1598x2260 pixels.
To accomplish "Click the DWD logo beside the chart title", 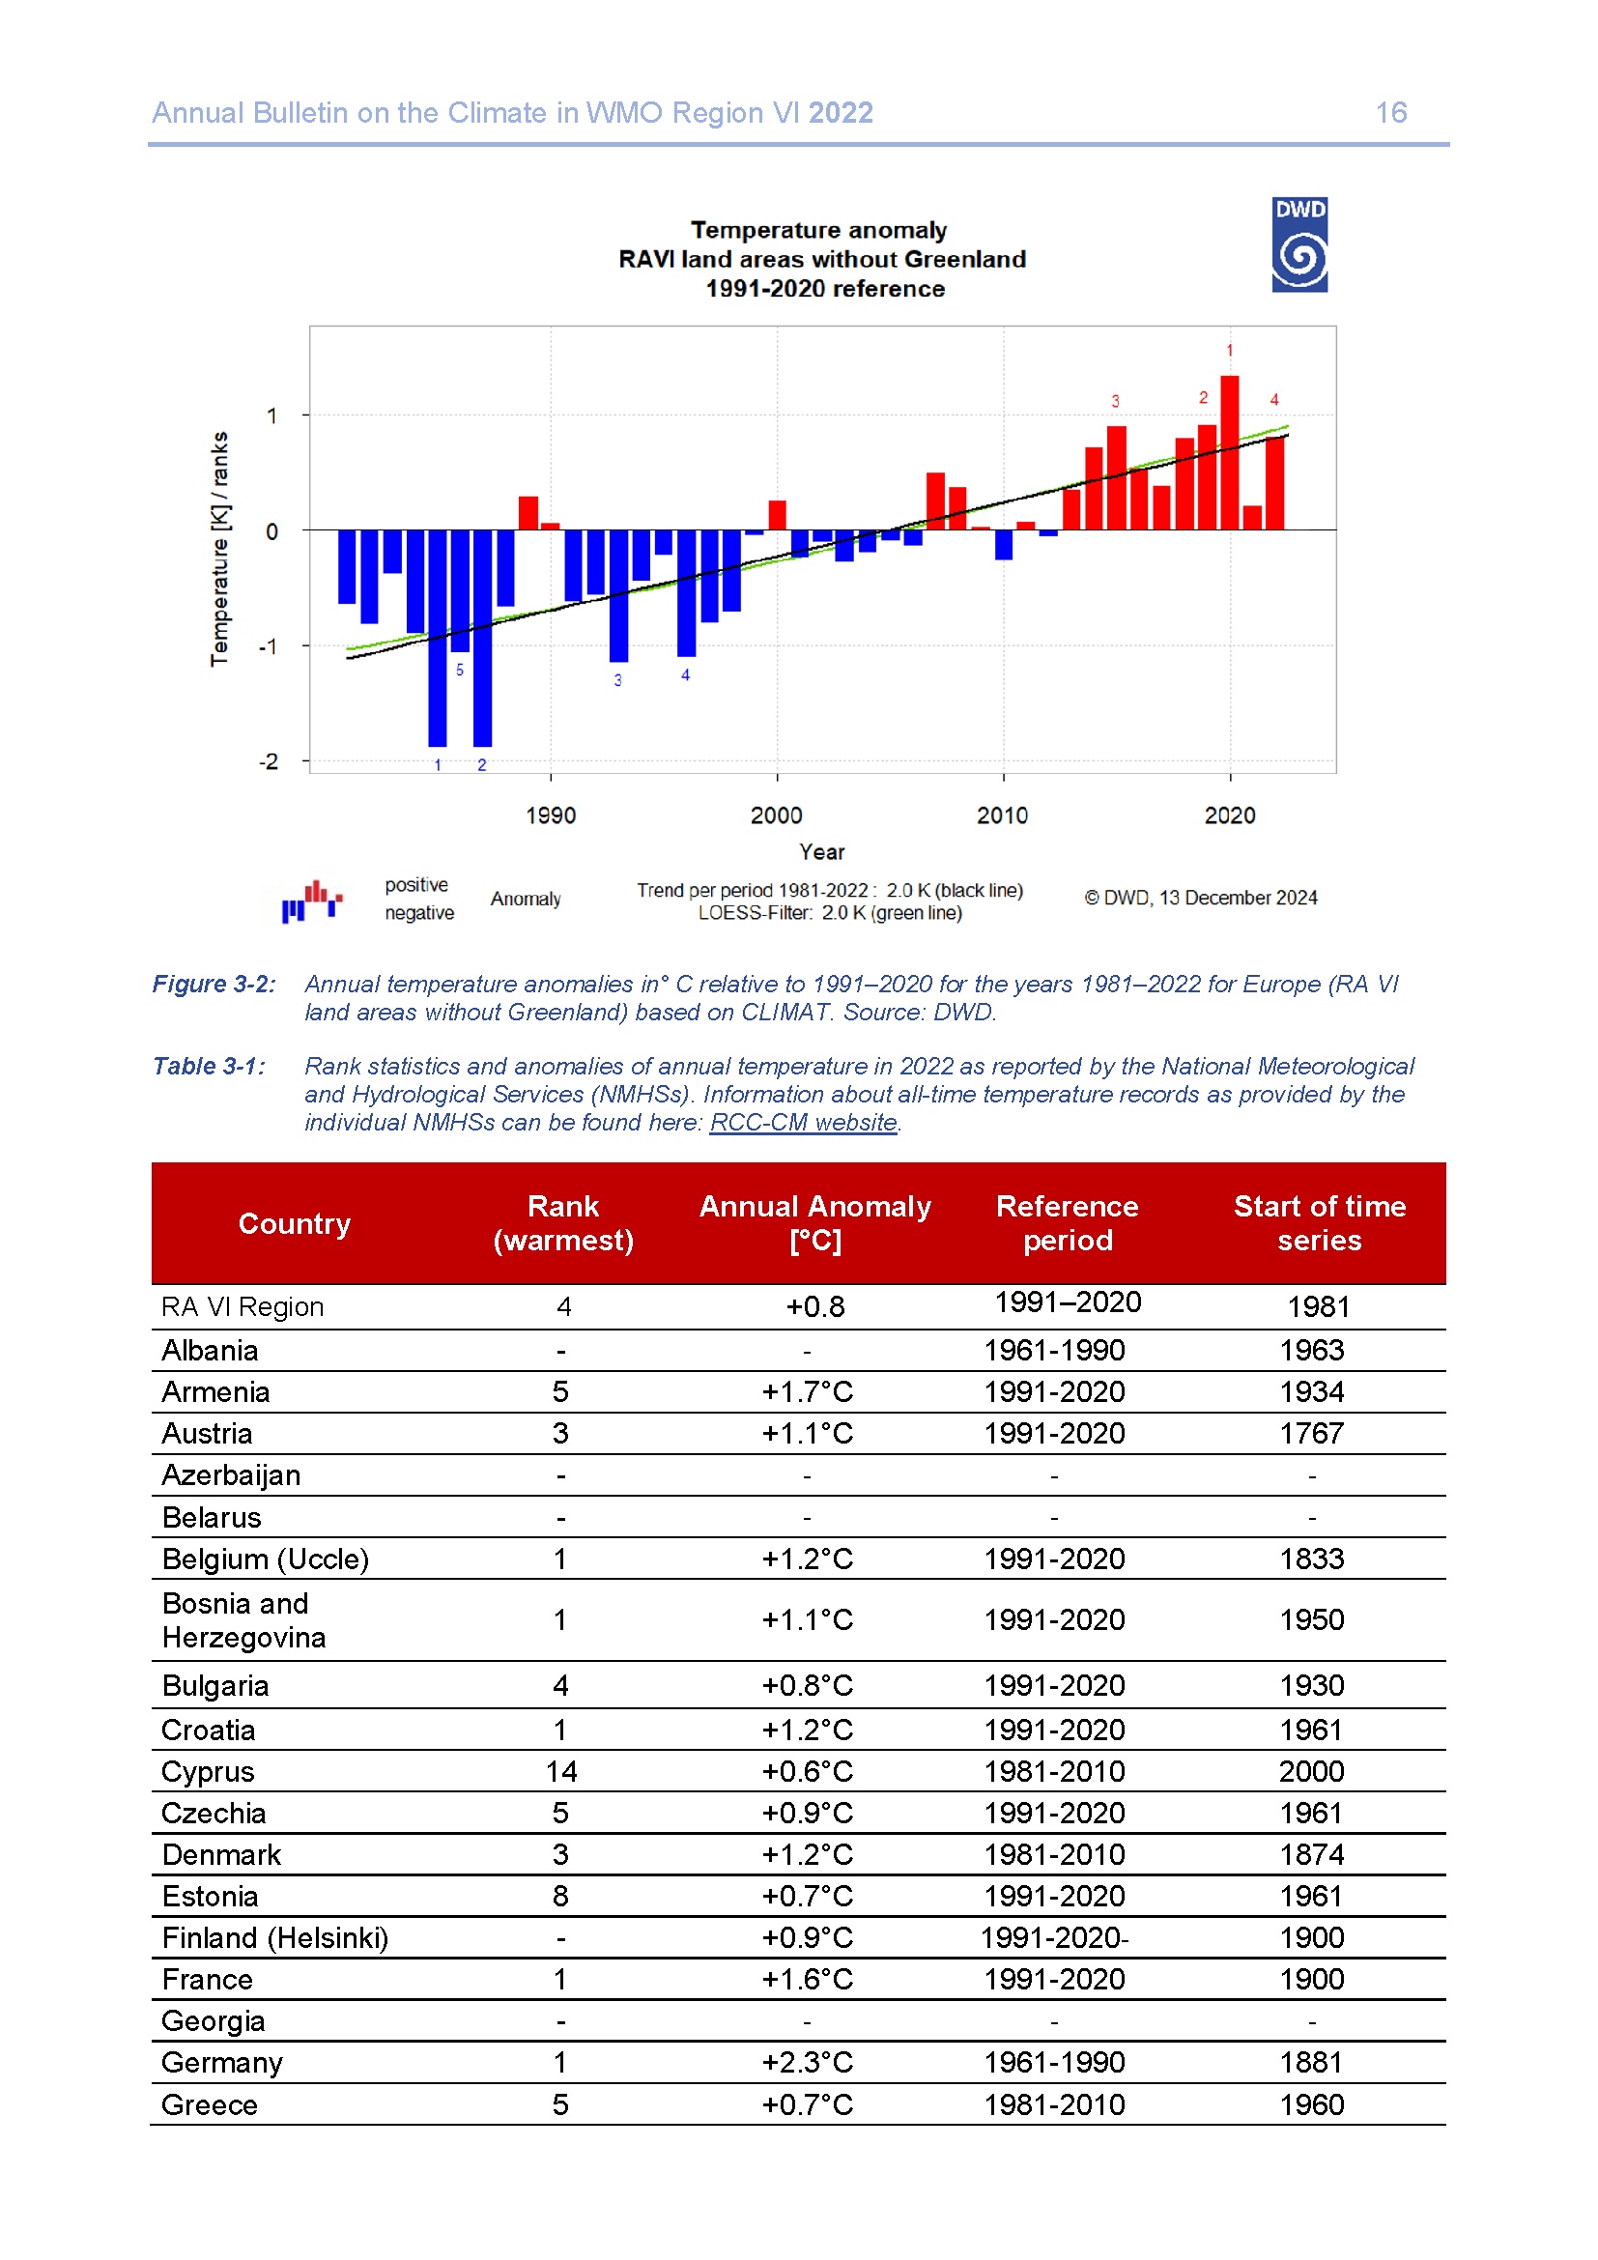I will pos(1298,244).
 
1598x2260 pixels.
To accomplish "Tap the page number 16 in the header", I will pos(1390,113).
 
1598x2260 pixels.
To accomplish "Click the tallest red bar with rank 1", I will pos(1229,452).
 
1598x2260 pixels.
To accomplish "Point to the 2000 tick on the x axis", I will pos(777,815).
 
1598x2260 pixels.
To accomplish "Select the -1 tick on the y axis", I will pos(269,646).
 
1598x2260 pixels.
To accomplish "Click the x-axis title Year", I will pos(821,852).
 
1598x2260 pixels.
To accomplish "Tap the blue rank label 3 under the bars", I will pos(618,680).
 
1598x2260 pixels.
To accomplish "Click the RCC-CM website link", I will pos(803,1122).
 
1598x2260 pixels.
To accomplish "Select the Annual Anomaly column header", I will pos(814,1222).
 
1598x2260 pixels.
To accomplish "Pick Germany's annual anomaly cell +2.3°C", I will pos(807,2062).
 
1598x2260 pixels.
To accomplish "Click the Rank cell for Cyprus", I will pos(561,1772).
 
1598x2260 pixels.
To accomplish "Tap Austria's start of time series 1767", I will pos(1311,1433).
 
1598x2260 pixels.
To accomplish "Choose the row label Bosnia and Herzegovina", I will pos(244,1620).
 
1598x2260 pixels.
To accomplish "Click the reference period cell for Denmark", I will pos(1054,1854).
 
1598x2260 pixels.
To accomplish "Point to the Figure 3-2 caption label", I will pos(214,984).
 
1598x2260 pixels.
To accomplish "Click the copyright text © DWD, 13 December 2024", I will pos(1201,898).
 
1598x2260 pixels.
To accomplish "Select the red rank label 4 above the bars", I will pos(1274,400).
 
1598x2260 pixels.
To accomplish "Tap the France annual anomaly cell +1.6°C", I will pos(807,1980).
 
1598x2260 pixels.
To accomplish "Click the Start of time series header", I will pos(1320,1222).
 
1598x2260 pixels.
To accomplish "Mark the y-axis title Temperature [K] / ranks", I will pos(219,548).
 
